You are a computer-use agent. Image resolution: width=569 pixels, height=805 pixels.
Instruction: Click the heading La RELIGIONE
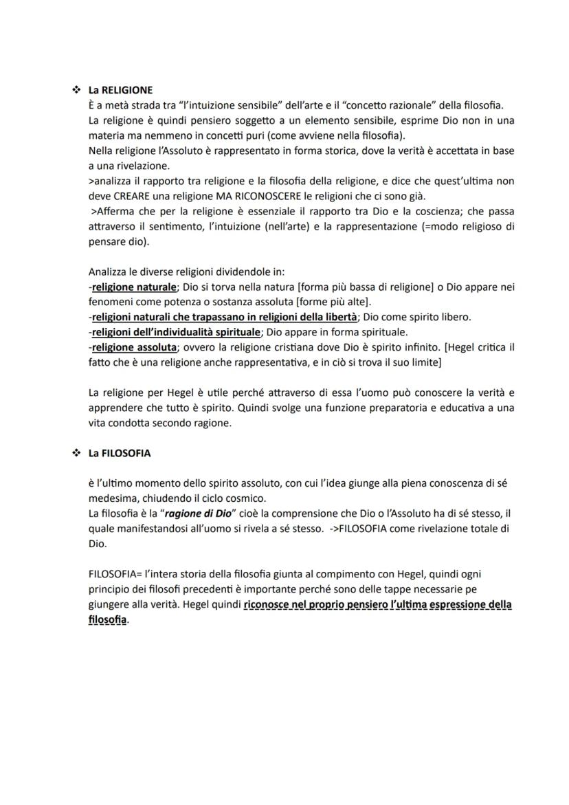click(x=120, y=90)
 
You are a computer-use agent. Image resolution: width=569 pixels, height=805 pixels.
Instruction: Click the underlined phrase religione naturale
click(x=134, y=287)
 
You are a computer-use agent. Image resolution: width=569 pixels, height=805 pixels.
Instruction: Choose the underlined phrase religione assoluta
click(x=134, y=347)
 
